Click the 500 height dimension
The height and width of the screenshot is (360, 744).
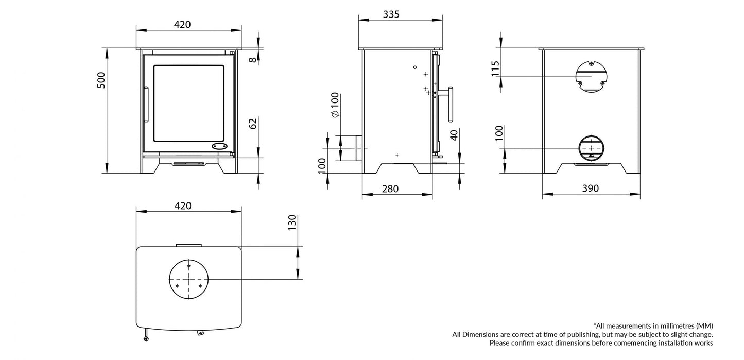[x=101, y=80]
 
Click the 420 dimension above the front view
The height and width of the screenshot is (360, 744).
[x=183, y=24]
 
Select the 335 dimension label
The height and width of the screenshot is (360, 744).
[x=391, y=14]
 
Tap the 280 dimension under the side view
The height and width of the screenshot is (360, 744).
[x=390, y=189]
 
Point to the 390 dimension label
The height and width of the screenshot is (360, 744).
[x=591, y=189]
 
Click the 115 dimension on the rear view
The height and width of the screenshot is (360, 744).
[x=496, y=68]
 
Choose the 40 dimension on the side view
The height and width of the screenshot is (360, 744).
[x=453, y=135]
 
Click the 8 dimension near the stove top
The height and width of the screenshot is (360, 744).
[x=252, y=59]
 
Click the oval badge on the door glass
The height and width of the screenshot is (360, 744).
[x=220, y=146]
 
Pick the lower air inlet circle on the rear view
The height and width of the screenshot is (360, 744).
[x=591, y=148]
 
